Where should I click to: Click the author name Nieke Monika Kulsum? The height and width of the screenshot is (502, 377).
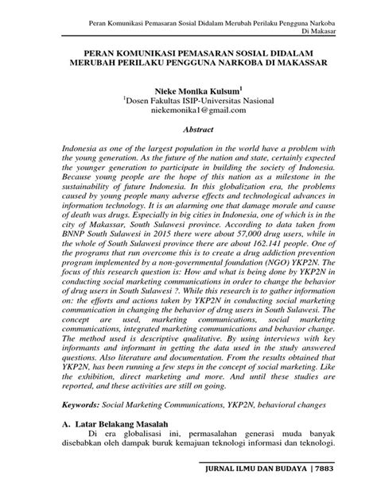187,92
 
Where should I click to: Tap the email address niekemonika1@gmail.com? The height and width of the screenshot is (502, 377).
188,114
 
